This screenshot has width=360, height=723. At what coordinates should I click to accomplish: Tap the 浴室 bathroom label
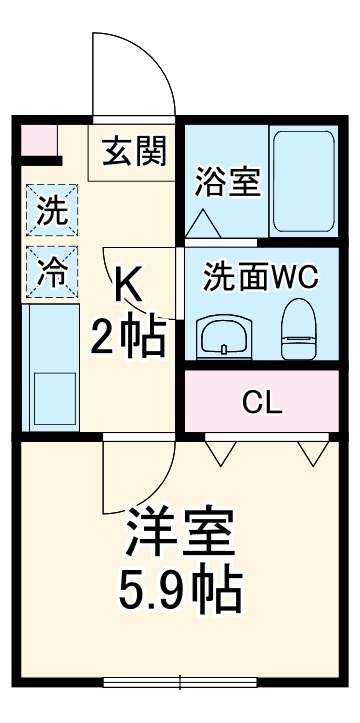228,182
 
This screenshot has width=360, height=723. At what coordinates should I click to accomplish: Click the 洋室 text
181,536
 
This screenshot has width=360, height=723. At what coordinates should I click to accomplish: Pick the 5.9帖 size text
181,592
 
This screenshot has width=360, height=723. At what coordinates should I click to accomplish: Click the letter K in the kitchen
130,286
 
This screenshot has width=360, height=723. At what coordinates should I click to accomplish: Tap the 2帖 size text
128,340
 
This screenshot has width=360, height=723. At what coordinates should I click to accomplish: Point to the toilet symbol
298,330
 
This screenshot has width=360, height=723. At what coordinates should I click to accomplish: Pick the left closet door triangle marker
220,452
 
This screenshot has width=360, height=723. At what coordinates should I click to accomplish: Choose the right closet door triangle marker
312,452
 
